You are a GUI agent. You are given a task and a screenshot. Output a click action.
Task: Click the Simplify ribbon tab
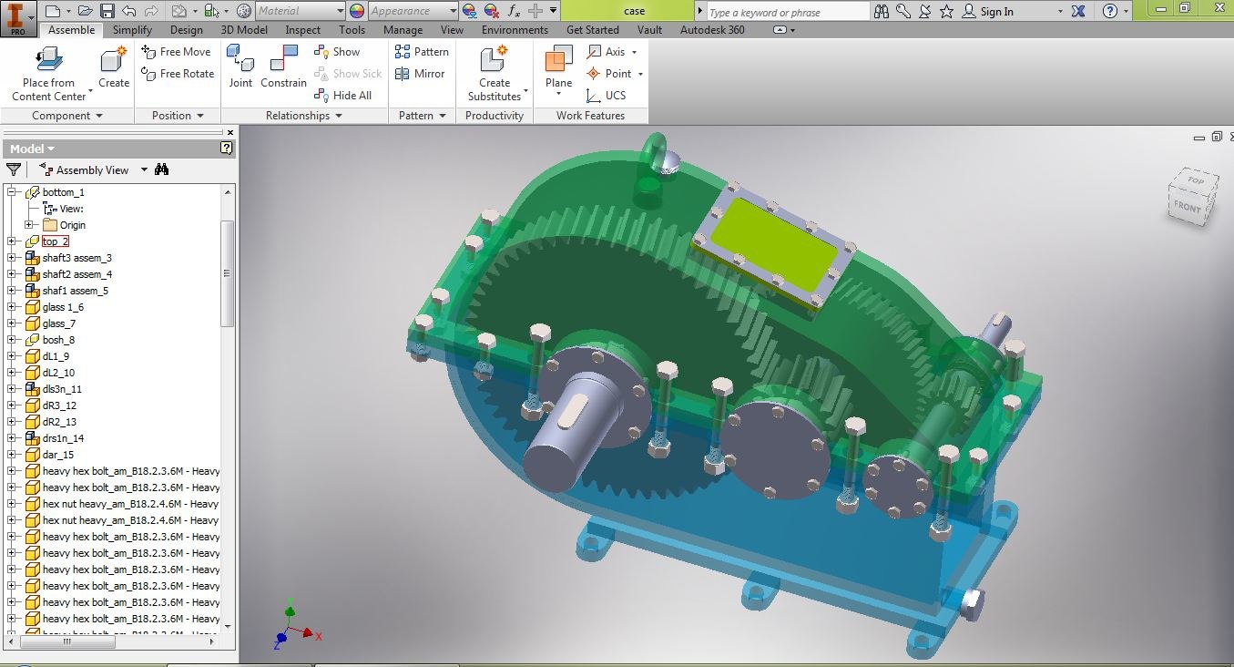[132, 30]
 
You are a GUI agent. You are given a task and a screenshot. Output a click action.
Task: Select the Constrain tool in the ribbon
[283, 67]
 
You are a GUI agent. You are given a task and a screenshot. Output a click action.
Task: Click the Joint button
[240, 67]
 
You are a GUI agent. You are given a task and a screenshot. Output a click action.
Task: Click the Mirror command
[421, 74]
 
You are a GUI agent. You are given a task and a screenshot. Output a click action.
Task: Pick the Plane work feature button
[558, 67]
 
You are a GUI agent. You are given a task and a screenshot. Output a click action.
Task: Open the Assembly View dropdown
[143, 170]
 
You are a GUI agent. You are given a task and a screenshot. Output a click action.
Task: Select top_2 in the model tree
[55, 241]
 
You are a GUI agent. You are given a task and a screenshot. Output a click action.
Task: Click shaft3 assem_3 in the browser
[76, 258]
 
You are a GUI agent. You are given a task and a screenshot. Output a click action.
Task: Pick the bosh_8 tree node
[58, 340]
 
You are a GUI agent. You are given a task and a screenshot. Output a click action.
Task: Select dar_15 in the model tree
[57, 455]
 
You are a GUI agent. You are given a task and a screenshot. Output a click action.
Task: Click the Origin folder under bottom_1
[72, 225]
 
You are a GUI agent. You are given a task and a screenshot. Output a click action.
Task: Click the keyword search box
[787, 12]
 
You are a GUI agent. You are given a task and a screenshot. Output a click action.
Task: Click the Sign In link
[996, 12]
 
